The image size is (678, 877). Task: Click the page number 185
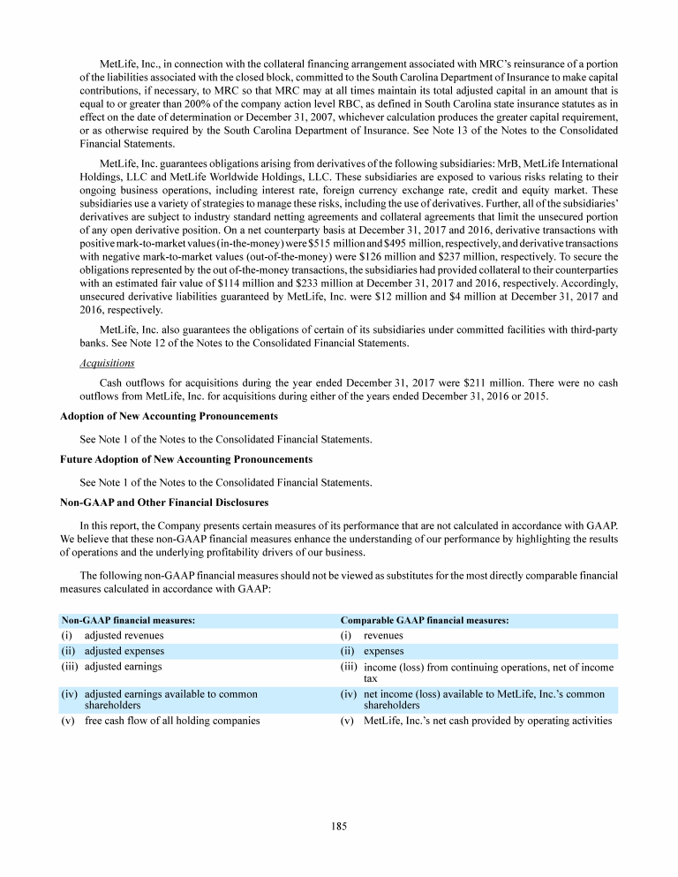click(x=339, y=827)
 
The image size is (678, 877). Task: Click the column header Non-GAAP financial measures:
click(x=127, y=621)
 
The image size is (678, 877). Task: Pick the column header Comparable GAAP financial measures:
click(x=425, y=621)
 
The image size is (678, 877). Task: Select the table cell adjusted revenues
click(x=124, y=635)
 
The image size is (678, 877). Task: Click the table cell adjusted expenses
click(x=124, y=651)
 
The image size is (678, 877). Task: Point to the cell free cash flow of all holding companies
click(x=172, y=721)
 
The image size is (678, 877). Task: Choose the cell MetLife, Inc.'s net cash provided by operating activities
click(x=487, y=721)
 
